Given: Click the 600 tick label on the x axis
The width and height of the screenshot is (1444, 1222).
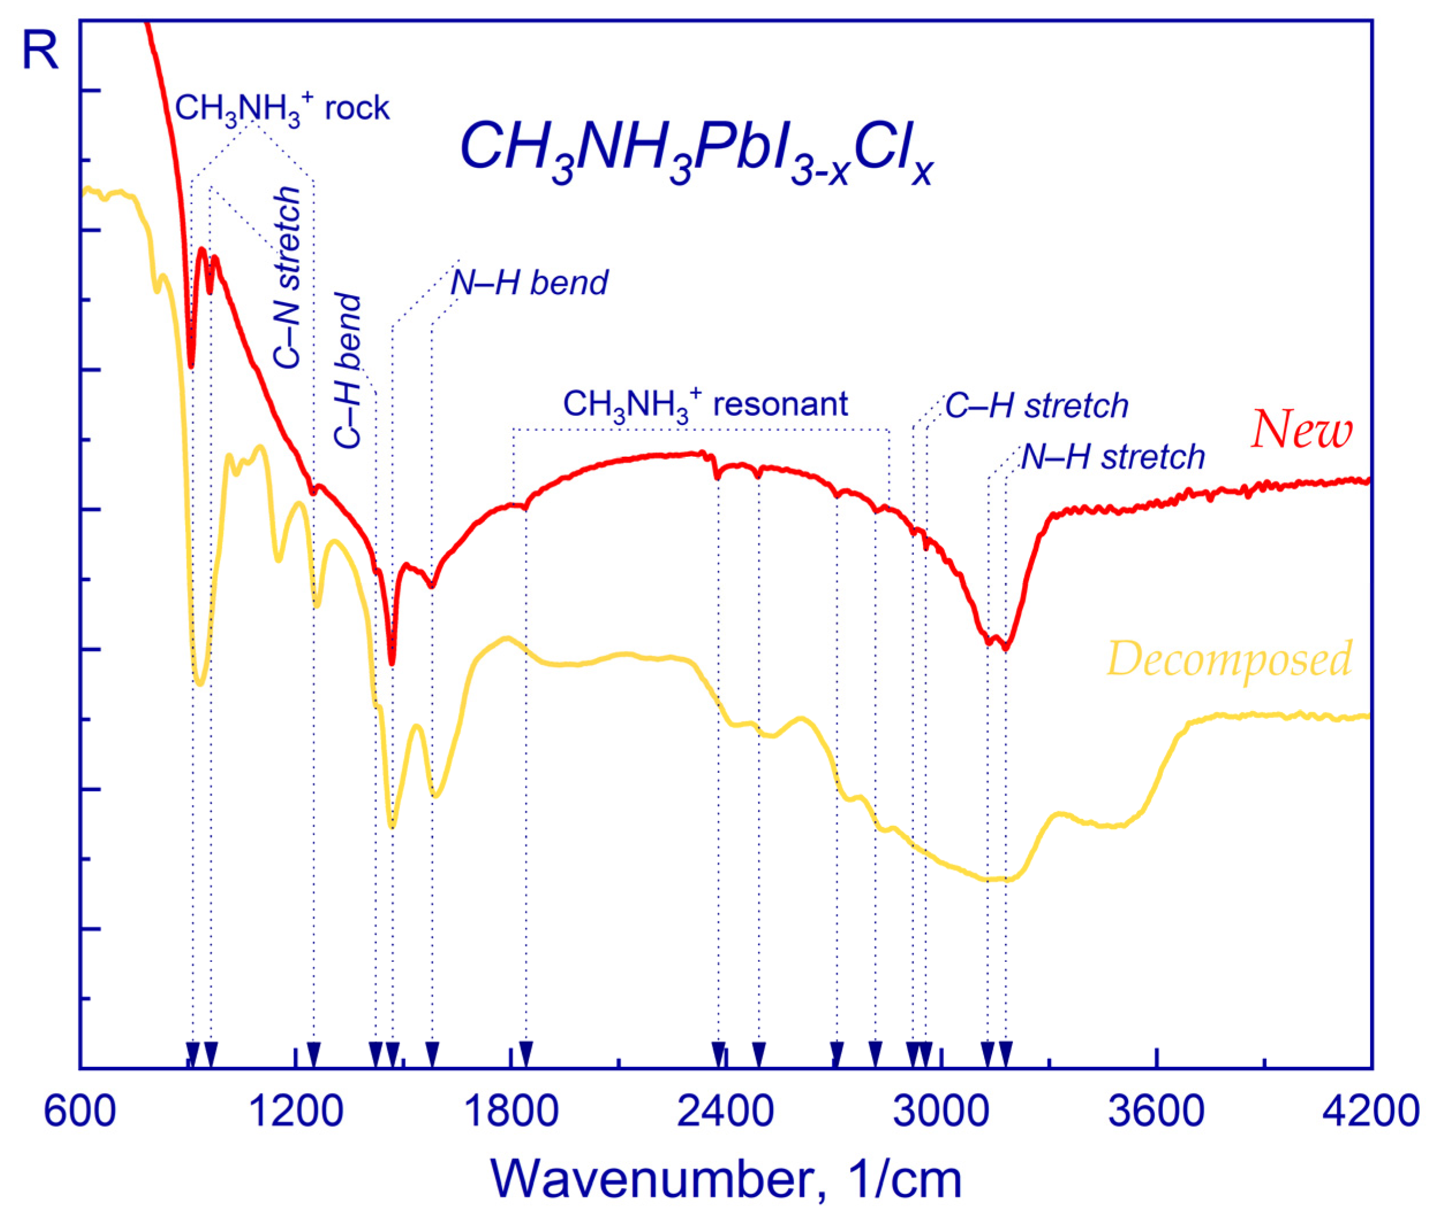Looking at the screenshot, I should pyautogui.click(x=80, y=1111).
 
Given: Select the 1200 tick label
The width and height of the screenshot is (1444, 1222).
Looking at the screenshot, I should pyautogui.click(x=296, y=1111).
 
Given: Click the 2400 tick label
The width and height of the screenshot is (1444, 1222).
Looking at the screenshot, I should pyautogui.click(x=726, y=1111).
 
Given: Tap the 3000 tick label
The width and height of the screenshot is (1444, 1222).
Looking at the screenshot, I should pyautogui.click(x=941, y=1111).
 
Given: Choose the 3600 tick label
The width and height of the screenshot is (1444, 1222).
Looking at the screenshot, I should pyautogui.click(x=1156, y=1111).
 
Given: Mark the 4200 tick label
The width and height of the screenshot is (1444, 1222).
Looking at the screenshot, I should pyautogui.click(x=1370, y=1111).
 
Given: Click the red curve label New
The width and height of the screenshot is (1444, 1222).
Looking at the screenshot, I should pyautogui.click(x=1302, y=430).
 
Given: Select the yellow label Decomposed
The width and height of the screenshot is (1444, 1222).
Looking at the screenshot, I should pyautogui.click(x=1230, y=659).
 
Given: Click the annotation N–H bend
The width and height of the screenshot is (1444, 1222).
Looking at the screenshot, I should pyautogui.click(x=529, y=283).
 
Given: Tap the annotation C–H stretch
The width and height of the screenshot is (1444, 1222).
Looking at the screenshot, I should pyautogui.click(x=1037, y=406).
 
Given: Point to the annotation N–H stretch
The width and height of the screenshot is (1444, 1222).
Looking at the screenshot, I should pyautogui.click(x=1113, y=457).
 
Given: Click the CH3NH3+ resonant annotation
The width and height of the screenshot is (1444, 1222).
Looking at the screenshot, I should pyautogui.click(x=705, y=404).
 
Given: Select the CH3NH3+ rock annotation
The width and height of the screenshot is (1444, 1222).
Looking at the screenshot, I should pyautogui.click(x=282, y=109).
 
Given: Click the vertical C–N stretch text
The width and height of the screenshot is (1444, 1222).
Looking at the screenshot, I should pyautogui.click(x=286, y=277).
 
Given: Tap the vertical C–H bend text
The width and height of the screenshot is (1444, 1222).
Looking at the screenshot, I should pyautogui.click(x=348, y=371).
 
